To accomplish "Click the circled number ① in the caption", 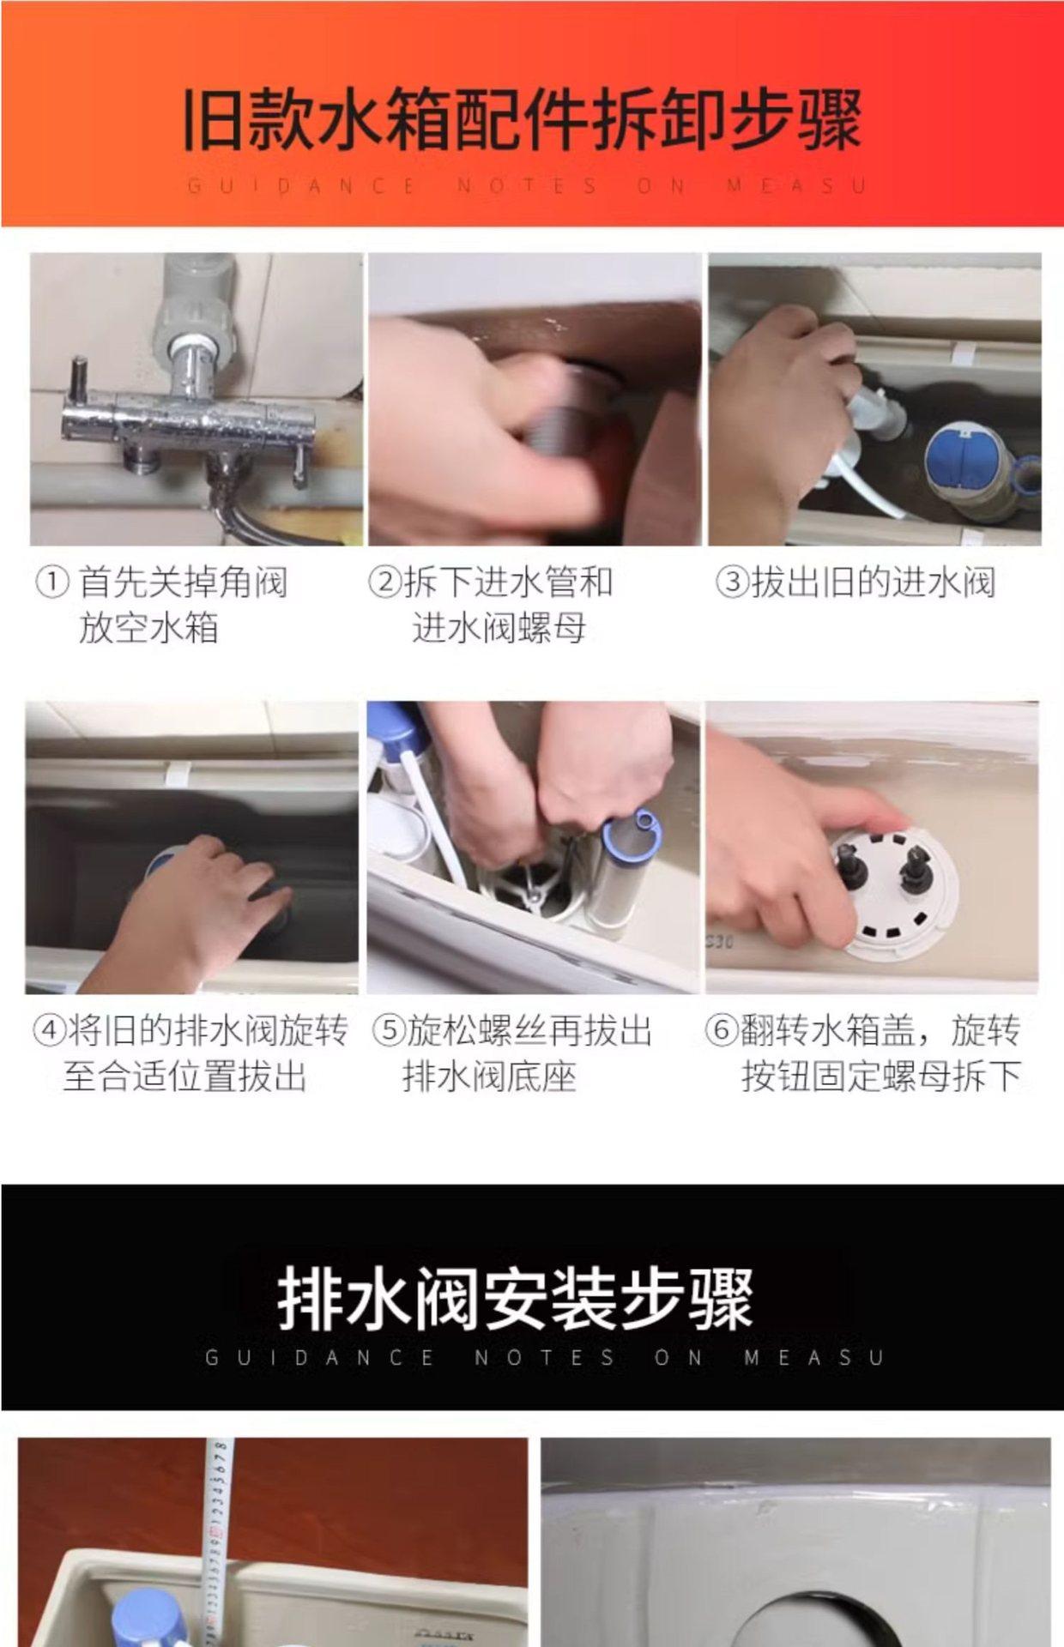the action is (x=52, y=582).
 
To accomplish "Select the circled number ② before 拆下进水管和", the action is (x=384, y=582).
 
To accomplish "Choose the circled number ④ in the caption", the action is (x=49, y=1030).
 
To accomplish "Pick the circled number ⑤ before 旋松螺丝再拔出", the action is (x=388, y=1030).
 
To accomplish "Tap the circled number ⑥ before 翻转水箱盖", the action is (x=722, y=1030).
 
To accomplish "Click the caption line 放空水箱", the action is (x=148, y=628).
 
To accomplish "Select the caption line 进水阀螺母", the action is (x=499, y=628).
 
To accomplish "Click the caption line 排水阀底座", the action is (x=489, y=1077).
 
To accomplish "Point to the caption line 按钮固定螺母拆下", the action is (x=881, y=1077).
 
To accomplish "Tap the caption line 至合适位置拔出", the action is (x=184, y=1077).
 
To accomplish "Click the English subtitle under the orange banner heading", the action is (x=526, y=185).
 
